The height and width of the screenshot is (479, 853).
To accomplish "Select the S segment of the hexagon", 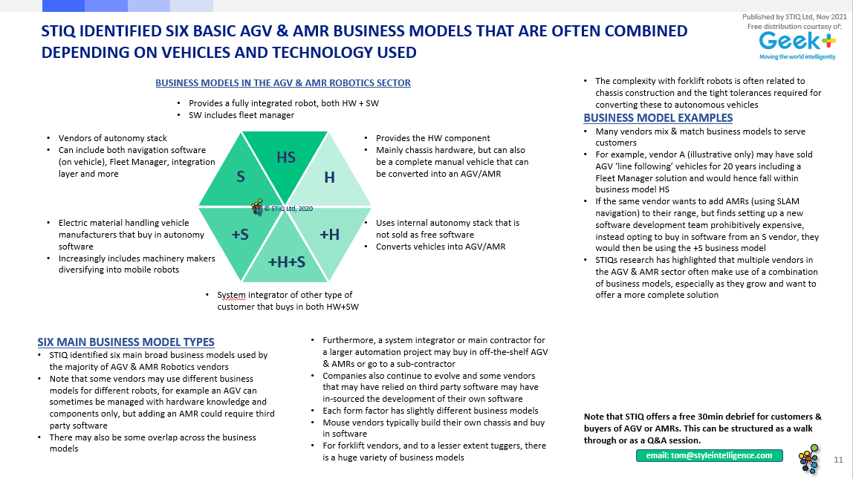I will [x=241, y=177].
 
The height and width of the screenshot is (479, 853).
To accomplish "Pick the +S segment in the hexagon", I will [x=240, y=235].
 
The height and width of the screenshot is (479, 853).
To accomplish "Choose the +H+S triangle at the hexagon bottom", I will [x=285, y=261].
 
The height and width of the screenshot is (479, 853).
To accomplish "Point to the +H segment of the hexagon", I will [x=330, y=235].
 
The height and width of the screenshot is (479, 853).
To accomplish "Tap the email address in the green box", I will [x=709, y=455].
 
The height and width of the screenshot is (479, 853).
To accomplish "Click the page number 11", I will [x=838, y=461].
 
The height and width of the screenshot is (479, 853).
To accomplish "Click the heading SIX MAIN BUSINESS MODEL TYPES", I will [x=126, y=342].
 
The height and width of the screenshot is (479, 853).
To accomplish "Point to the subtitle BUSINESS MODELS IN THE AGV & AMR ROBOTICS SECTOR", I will [x=283, y=83].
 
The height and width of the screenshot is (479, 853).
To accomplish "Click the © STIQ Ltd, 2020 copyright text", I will [x=289, y=209].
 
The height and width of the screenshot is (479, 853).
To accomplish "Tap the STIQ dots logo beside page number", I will [x=808, y=459].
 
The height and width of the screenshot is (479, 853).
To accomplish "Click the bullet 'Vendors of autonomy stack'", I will [x=112, y=138].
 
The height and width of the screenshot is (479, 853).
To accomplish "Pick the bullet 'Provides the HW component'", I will [x=432, y=138].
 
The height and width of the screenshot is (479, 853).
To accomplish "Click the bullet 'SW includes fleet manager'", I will [x=241, y=115].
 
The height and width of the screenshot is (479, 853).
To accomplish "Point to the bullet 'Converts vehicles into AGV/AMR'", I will [x=440, y=247].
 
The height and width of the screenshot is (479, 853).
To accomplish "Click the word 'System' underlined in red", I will [x=231, y=295].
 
